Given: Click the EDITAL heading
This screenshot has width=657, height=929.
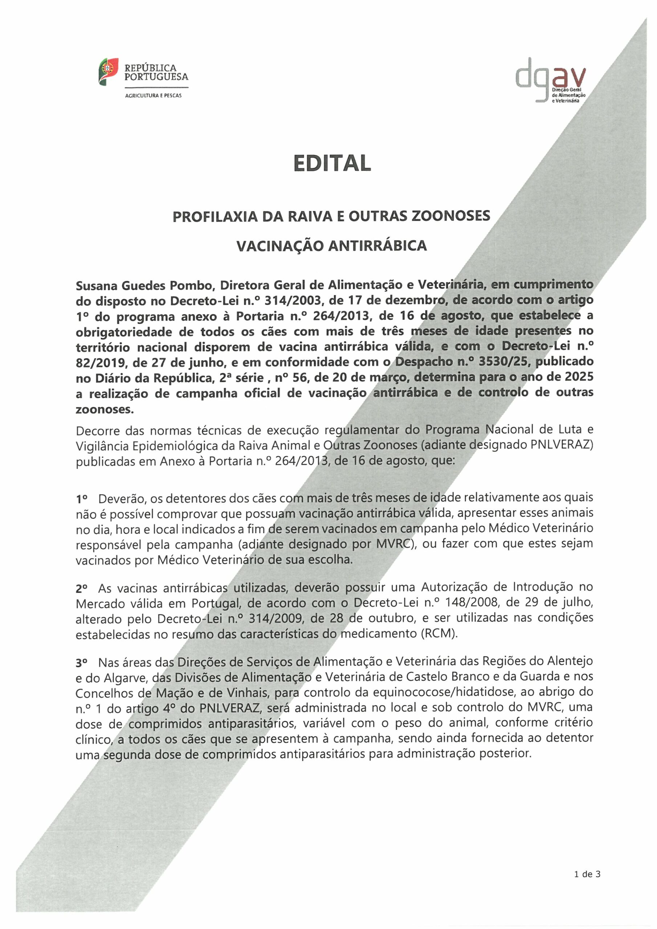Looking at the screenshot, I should tap(332, 163).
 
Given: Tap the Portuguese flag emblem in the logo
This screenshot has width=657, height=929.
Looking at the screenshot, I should tap(108, 71).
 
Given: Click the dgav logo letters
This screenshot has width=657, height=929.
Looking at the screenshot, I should tap(551, 78).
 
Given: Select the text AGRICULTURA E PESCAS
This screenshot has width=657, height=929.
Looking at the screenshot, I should tap(154, 96).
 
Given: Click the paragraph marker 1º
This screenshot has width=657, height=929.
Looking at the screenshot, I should tap(82, 499).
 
